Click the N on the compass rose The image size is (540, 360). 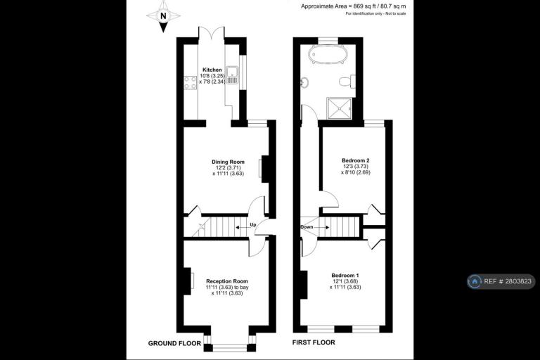pos(163,15)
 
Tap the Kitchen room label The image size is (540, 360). pos(212,70)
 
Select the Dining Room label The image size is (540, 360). pos(228,162)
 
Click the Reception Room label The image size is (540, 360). pos(227,281)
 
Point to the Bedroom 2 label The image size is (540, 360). pos(356,160)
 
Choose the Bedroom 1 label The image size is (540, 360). pos(345,275)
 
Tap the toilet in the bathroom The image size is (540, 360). pos(347,82)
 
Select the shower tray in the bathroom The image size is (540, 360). pos(340,108)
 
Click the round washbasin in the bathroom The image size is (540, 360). pos(304,82)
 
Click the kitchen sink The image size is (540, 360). pos(233,75)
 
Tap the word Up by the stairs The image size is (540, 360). pos(253,225)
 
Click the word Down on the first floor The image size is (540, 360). pos(307,227)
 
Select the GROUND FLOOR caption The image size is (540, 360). pos(174,343)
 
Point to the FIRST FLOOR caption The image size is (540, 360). pos(314,342)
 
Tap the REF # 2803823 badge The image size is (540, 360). pos(501,281)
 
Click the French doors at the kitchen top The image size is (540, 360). pos(212,32)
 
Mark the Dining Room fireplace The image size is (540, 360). pos(264,169)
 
